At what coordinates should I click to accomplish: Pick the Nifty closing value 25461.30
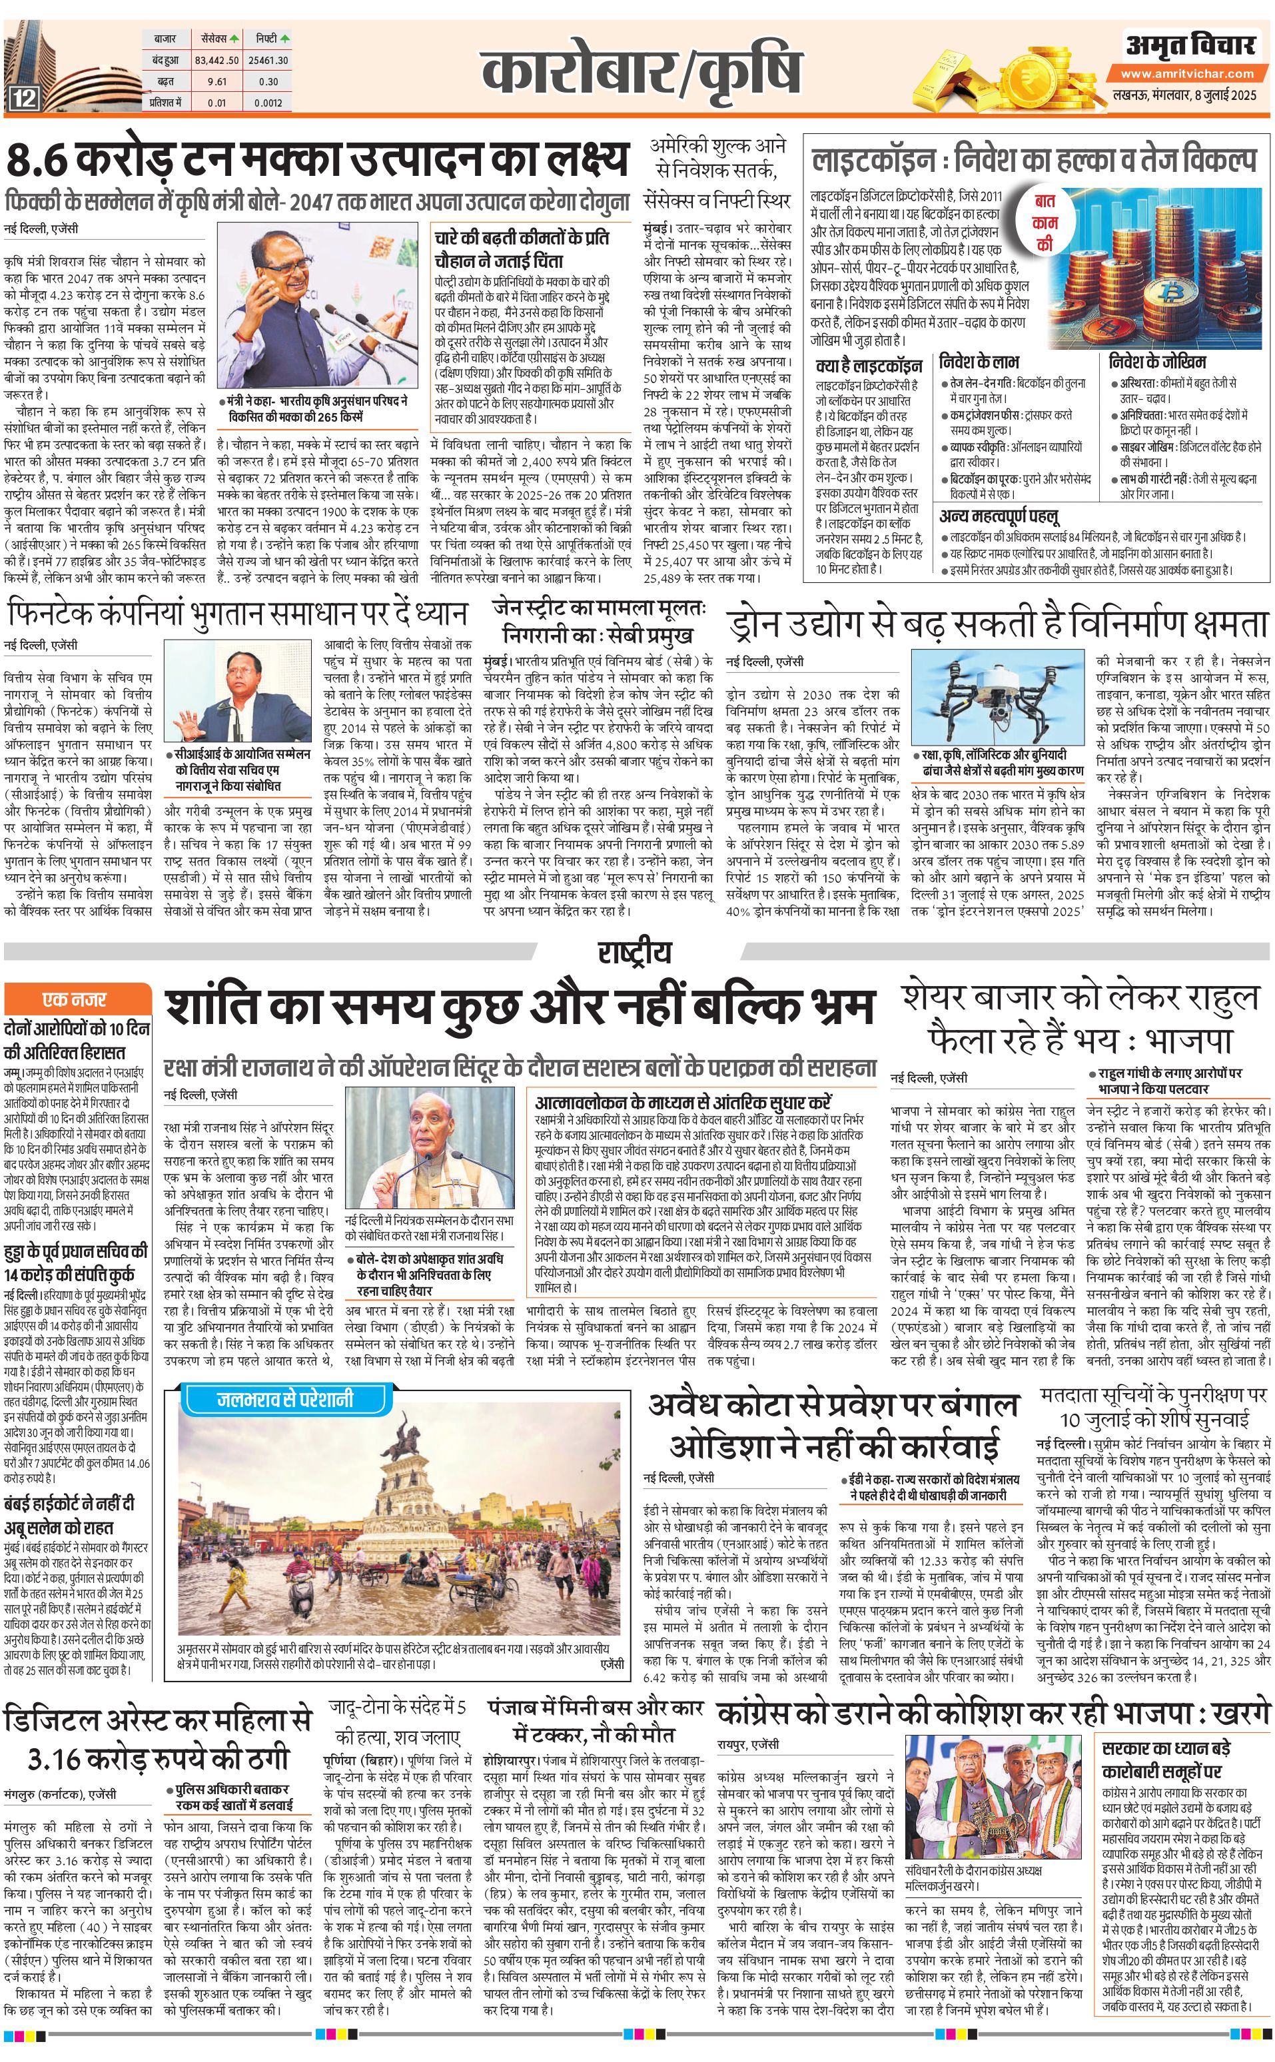pyautogui.click(x=269, y=61)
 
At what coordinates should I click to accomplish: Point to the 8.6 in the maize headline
pyautogui.click(x=48, y=159)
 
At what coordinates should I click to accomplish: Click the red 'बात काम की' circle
pyautogui.click(x=1045, y=223)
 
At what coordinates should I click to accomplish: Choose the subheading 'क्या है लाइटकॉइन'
pyautogui.click(x=869, y=366)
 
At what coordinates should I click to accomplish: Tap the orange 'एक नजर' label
pyautogui.click(x=75, y=999)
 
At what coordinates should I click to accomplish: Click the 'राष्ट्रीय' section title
pyautogui.click(x=635, y=952)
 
